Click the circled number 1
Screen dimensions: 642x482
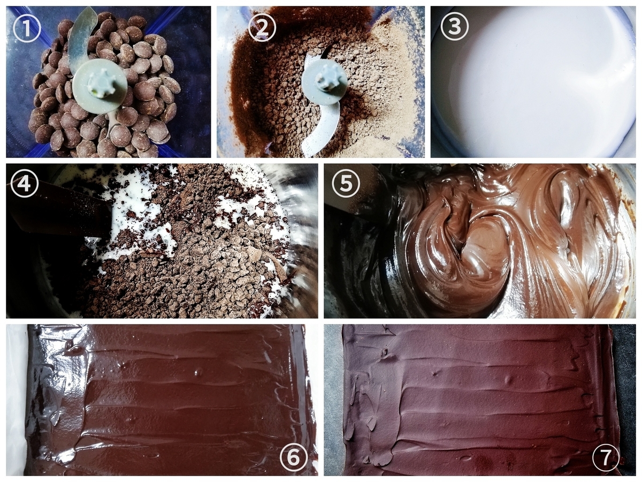coord(27,28)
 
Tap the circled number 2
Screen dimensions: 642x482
coord(262,28)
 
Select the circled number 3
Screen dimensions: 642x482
coord(455,26)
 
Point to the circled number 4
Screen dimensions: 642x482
coord(25,184)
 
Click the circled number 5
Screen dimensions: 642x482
coord(346,184)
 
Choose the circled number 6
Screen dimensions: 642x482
coord(294,457)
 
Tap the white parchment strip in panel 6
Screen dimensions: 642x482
coord(16,401)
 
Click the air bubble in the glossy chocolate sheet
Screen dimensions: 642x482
coord(198,372)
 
